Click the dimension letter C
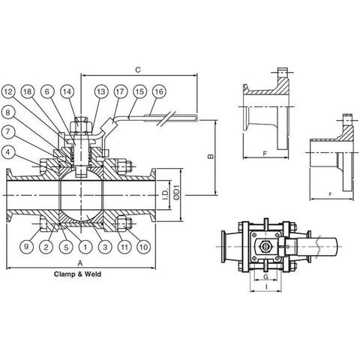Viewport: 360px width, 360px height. pos(138,70)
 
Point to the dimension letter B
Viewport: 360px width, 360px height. pos(211,156)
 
